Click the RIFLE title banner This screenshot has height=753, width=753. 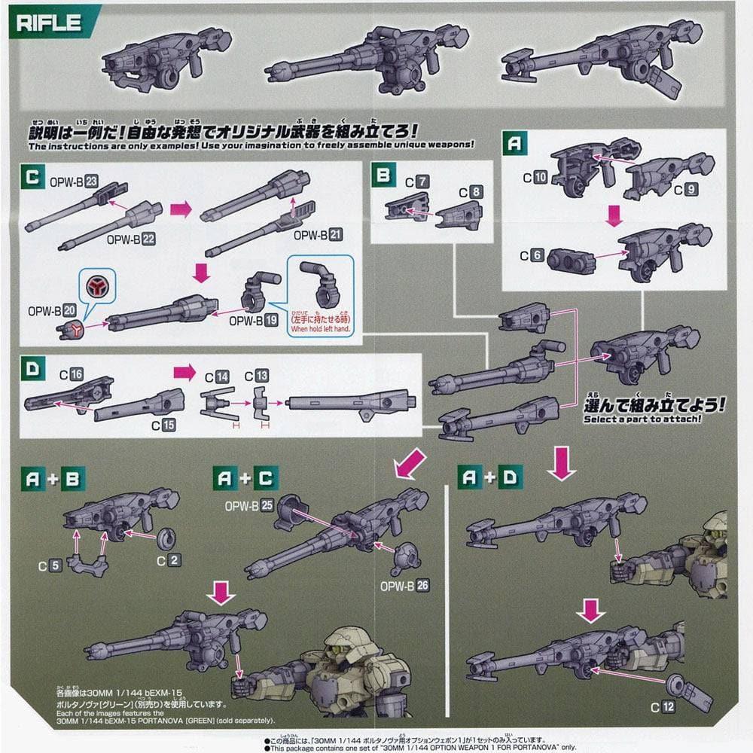[50, 21]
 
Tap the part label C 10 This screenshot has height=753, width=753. [534, 178]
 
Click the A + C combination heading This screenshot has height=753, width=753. [245, 477]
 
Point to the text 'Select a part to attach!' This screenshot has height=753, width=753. [642, 419]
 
